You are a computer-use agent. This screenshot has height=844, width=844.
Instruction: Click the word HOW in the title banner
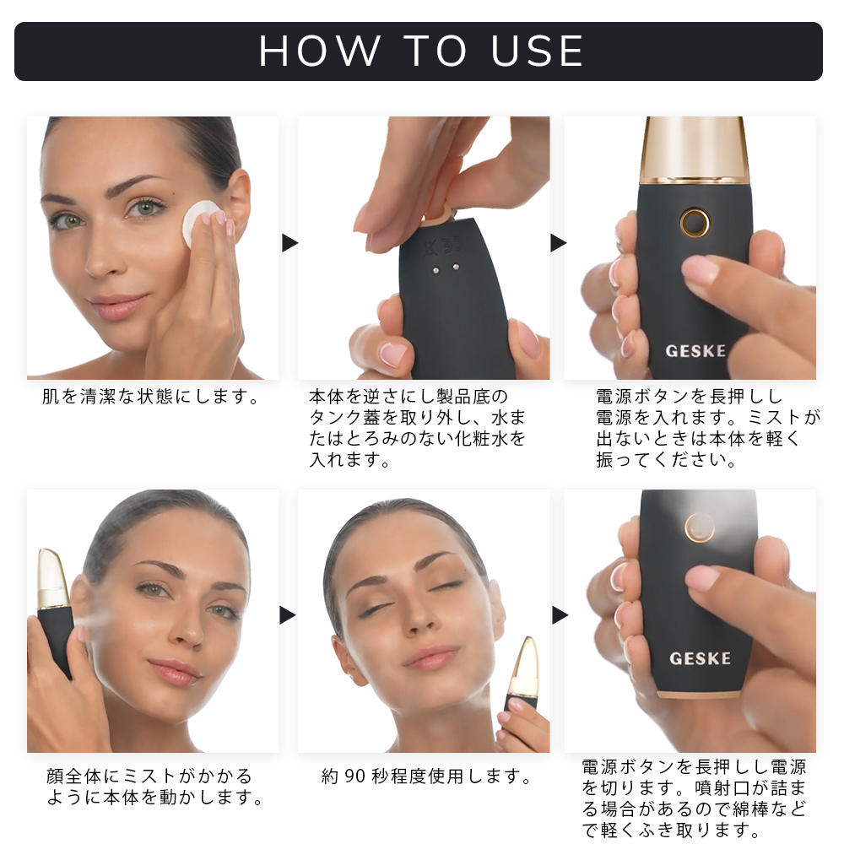pyautogui.click(x=320, y=51)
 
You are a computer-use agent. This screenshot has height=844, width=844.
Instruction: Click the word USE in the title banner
pyautogui.click(x=537, y=51)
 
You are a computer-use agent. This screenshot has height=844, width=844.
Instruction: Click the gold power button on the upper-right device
pyautogui.click(x=695, y=222)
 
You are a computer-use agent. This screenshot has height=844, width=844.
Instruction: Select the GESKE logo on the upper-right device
pyautogui.click(x=695, y=351)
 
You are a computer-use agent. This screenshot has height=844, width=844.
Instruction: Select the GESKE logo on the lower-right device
pyautogui.click(x=700, y=658)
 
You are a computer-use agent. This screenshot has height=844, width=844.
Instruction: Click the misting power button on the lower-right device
pyautogui.click(x=699, y=527)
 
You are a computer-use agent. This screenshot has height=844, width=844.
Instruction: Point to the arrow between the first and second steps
pyautogui.click(x=289, y=243)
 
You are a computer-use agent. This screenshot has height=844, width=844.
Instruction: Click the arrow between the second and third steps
pyautogui.click(x=558, y=243)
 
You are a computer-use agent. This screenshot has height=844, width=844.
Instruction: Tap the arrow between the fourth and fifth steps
pyautogui.click(x=288, y=615)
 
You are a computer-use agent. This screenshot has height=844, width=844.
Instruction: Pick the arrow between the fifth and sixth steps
pyautogui.click(x=560, y=615)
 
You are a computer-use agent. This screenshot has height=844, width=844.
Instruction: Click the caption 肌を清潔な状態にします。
pyautogui.click(x=151, y=397)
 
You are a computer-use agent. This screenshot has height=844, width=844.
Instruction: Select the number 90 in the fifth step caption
pyautogui.click(x=355, y=776)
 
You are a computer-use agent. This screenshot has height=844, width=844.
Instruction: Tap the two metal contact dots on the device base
pyautogui.click(x=445, y=268)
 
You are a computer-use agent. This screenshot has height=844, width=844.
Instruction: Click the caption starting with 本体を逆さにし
pyautogui.click(x=417, y=428)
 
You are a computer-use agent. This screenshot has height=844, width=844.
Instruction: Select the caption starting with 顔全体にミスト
pyautogui.click(x=154, y=787)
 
